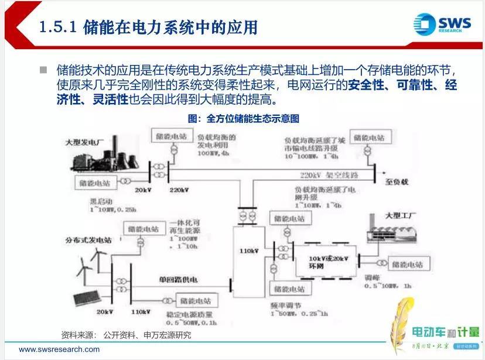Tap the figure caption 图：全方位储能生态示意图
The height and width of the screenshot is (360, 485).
(243, 119)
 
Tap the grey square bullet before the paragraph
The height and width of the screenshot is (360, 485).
(43, 70)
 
